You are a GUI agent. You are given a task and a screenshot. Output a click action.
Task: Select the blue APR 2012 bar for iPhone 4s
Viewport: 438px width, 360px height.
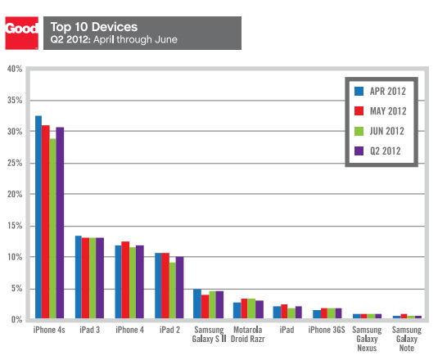coord(38,217)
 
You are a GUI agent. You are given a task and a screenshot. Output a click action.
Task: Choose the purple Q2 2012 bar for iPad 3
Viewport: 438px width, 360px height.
coord(100,278)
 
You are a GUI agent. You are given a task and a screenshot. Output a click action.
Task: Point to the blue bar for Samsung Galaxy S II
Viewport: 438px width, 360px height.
coord(197,304)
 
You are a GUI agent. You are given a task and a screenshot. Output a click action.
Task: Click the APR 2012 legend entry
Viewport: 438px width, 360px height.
coord(382,89)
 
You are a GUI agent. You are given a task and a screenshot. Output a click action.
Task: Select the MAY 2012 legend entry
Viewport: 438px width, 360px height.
coord(382,110)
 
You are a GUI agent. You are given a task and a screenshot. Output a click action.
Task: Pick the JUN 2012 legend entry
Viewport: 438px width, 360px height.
coord(382,130)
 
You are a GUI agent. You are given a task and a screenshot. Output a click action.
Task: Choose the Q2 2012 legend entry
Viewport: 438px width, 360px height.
coord(382,151)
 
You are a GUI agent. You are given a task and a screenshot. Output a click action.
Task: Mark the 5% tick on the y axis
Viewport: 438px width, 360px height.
coord(14,289)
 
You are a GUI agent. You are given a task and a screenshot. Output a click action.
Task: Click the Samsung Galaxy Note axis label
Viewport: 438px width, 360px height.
coord(408,340)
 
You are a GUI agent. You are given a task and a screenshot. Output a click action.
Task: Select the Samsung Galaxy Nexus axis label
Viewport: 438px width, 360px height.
coord(368,340)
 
